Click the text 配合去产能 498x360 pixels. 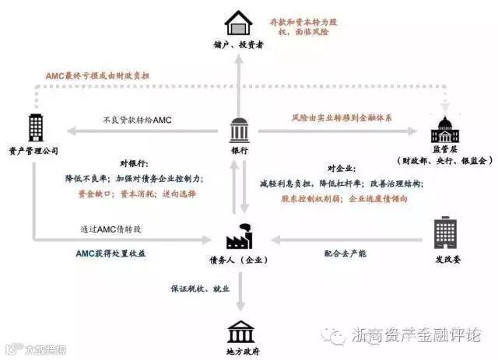pyautogui.click(x=345, y=253)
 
